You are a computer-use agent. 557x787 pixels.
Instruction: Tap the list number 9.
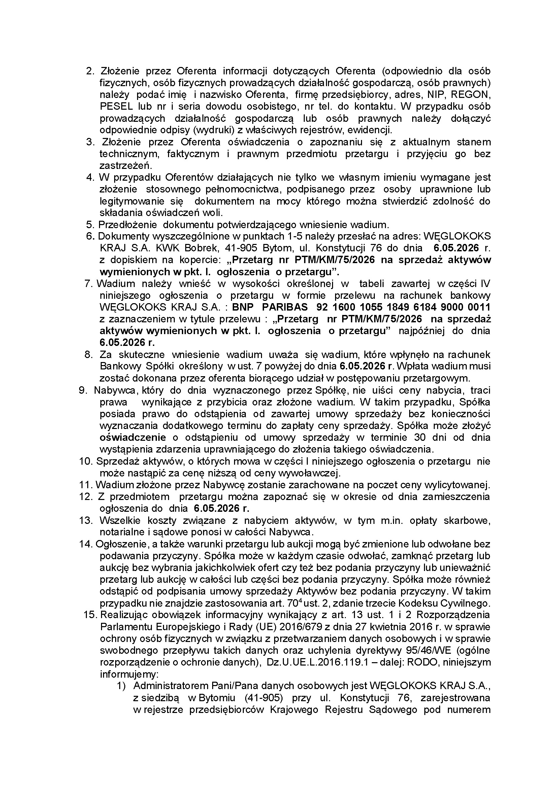83,391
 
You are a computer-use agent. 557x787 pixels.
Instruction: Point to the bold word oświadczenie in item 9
133,438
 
